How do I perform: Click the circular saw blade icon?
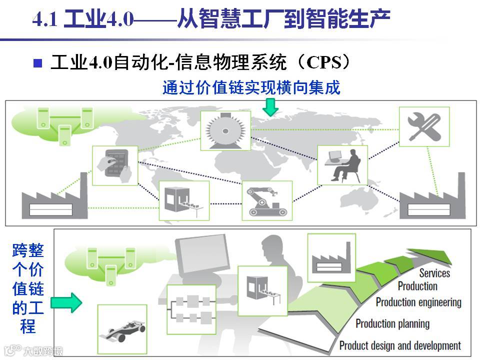pyautogui.click(x=225, y=130)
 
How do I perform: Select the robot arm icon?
pyautogui.click(x=266, y=200)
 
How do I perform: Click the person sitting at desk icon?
pyautogui.click(x=343, y=165)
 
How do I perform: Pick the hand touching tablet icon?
pyautogui.click(x=115, y=165)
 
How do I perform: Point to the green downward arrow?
pyautogui.click(x=271, y=106)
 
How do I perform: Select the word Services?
pyautogui.click(x=434, y=273)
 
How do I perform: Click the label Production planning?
pyautogui.click(x=392, y=323)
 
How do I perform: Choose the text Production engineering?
pyautogui.click(x=418, y=302)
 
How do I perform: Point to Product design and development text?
pyautogui.click(x=400, y=345)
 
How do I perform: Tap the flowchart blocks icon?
pyautogui.click(x=191, y=309)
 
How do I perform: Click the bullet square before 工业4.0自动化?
pyautogui.click(x=37, y=63)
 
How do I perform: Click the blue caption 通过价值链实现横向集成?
pyautogui.click(x=251, y=88)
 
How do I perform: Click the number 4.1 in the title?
pyautogui.click(x=46, y=20)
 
